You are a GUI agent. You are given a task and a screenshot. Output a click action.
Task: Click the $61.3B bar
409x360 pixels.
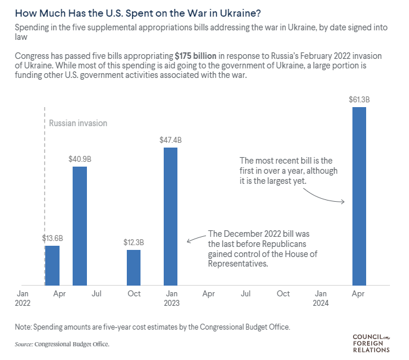[x=359, y=196]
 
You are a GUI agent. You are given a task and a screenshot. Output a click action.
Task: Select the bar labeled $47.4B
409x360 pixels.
[x=171, y=217]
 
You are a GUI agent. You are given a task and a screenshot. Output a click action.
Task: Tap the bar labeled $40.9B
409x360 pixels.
[x=80, y=226]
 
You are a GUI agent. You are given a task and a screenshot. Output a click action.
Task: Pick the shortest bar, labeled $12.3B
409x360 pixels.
[x=134, y=268]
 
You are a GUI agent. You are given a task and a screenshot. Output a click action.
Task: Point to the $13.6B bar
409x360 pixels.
[x=52, y=265]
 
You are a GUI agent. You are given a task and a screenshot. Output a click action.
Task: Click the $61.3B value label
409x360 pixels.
[x=359, y=99]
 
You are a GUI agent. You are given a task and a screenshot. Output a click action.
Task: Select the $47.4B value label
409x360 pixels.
[x=170, y=140]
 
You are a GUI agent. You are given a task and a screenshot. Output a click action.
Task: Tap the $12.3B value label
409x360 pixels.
[x=134, y=242]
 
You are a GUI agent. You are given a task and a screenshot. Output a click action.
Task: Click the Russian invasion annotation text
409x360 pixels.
[x=78, y=123]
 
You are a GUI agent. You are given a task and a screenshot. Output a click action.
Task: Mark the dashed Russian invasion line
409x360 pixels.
[x=45, y=179]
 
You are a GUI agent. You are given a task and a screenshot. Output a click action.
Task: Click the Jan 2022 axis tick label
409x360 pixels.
[x=23, y=298]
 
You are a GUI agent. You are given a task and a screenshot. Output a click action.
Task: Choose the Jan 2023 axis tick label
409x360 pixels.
[x=171, y=298]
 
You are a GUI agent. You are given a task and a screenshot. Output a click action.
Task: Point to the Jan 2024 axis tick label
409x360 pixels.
[x=321, y=298]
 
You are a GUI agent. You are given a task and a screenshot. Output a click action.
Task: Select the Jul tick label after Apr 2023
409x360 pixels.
[x=245, y=294]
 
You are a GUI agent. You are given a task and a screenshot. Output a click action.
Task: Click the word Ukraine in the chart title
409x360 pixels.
[x=177, y=12]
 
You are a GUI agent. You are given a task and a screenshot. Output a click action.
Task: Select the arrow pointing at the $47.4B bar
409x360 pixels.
[x=196, y=238]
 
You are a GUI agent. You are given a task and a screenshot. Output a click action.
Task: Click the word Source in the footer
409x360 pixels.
[x=23, y=344]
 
